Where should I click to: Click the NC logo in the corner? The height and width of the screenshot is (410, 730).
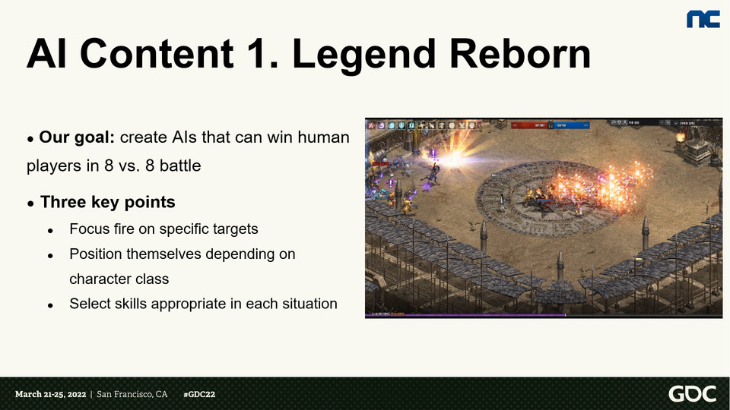click(703, 19)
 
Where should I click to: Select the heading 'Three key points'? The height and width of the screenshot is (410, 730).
click(108, 202)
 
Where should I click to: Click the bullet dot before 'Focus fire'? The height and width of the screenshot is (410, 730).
click(50, 230)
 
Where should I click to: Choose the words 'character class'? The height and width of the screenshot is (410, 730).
click(119, 279)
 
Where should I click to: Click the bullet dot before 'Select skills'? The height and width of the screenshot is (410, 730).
click(50, 305)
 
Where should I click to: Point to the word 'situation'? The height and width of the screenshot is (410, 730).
click(307, 304)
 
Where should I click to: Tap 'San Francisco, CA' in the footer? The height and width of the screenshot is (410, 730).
click(132, 395)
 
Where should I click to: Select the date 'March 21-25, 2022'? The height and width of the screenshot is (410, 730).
click(50, 395)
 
